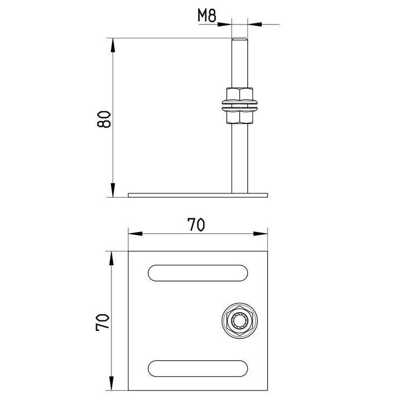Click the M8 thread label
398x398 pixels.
pyautogui.click(x=207, y=16)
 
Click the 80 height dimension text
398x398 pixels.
pyautogui.click(x=104, y=119)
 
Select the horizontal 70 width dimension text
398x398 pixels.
pyautogui.click(x=196, y=224)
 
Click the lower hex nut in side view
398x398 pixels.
pyautogui.click(x=240, y=117)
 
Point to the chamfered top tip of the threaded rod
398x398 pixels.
pyautogui.click(x=240, y=39)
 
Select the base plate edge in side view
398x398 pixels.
pyautogui.click(x=198, y=195)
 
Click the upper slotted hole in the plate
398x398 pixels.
pyautogui.click(x=198, y=273)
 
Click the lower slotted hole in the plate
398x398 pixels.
pyautogui.click(x=198, y=368)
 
